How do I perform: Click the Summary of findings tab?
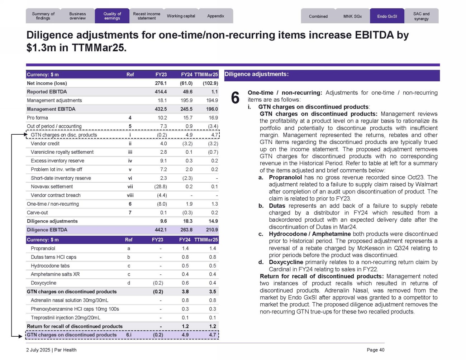pos(43,16)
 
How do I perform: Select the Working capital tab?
pos(181,16)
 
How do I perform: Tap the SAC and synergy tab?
pos(421,16)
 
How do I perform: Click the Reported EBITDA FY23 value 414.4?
pos(161,92)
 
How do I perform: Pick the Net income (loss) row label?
pos(47,83)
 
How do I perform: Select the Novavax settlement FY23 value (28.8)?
pos(162,187)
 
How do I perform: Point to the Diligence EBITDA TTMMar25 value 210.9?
pos(212,230)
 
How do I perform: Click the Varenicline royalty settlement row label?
pos(62,152)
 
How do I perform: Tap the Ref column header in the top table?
pos(130,75)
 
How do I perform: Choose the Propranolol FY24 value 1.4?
pos(185,249)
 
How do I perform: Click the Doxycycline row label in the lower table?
pos(43,283)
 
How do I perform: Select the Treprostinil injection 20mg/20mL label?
pos(66,318)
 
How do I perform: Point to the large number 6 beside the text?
pos(235,98)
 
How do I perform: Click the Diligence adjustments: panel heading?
pos(257,74)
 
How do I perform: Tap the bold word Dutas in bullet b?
pos(277,206)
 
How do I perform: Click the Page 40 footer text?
pos(375,350)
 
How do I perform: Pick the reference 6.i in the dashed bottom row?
pos(129,335)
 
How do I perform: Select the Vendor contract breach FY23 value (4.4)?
pos(162,195)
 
